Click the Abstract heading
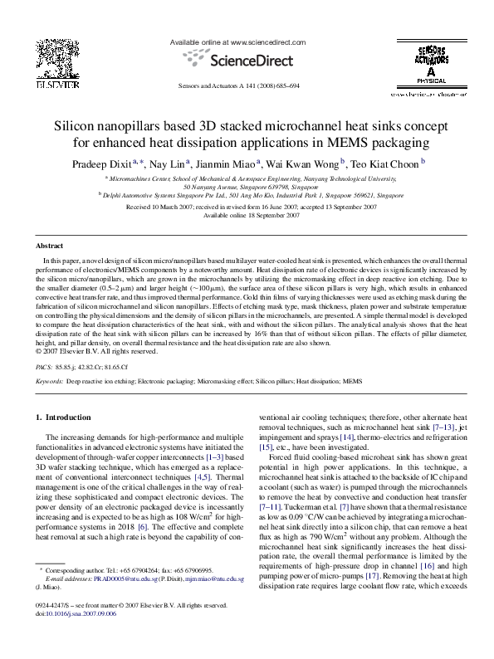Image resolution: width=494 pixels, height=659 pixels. (50, 247)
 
